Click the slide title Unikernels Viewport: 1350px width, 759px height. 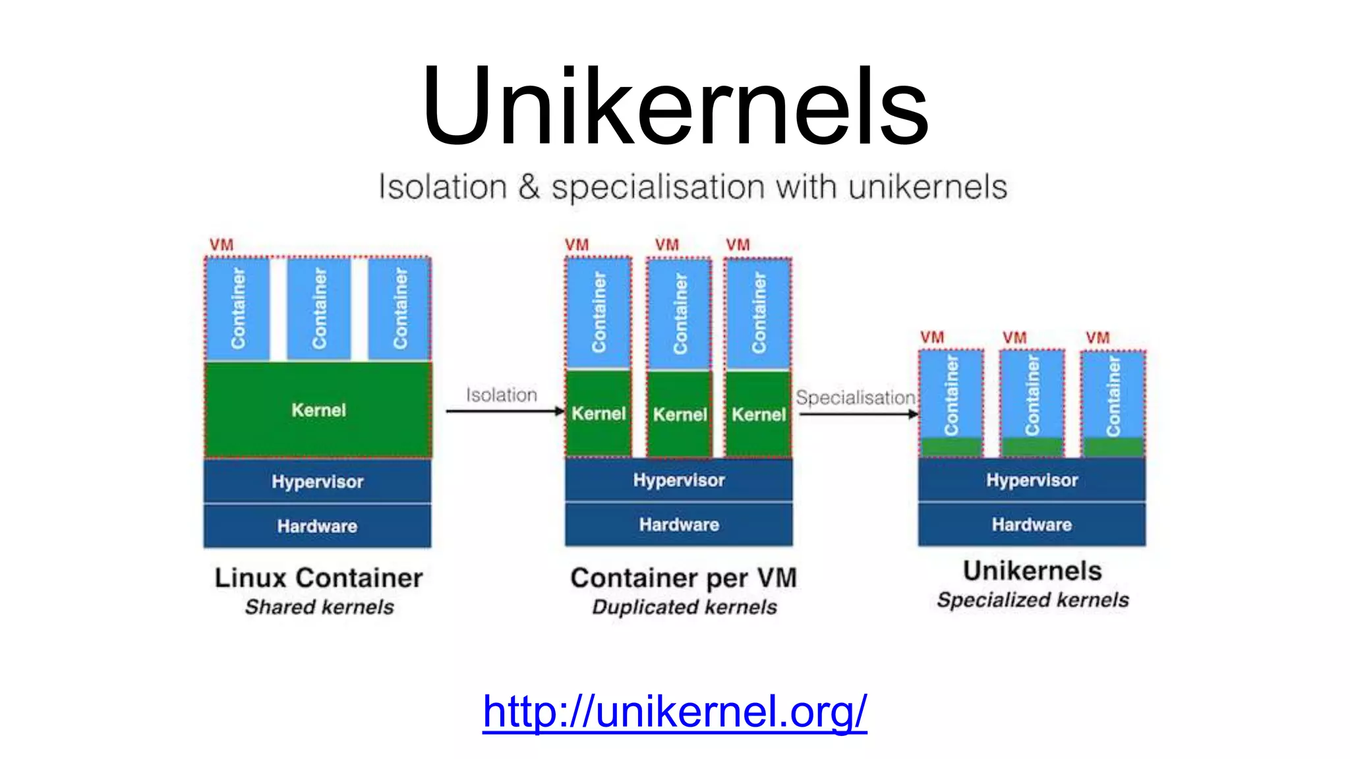(675, 105)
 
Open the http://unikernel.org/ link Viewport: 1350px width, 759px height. (674, 712)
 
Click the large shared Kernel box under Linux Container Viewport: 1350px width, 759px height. (318, 410)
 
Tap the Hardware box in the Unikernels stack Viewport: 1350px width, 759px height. (1032, 524)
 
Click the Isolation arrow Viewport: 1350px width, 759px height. (504, 411)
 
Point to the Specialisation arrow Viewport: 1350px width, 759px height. (858, 414)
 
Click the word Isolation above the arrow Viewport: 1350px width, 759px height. (502, 395)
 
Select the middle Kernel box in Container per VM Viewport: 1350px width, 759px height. (679, 414)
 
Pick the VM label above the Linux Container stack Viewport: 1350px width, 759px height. (221, 245)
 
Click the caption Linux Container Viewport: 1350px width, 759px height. (318, 578)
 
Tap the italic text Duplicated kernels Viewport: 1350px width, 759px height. (684, 607)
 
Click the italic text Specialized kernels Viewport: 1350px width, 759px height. (1032, 600)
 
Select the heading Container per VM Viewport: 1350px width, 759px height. (684, 578)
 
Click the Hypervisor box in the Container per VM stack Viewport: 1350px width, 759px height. (679, 480)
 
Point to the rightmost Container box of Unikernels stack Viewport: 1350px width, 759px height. (1113, 395)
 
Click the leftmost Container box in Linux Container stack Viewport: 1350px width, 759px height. (238, 308)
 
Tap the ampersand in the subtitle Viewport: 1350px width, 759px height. (529, 186)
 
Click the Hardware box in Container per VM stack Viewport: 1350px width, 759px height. (679, 524)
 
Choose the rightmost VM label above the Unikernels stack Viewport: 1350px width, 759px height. (1098, 338)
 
